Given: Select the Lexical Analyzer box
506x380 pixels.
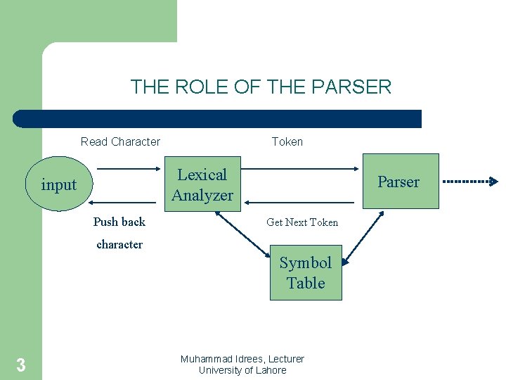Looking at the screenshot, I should point(202,185).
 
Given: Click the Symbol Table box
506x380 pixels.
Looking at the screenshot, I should point(306,272).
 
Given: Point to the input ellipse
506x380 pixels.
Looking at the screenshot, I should point(59,185).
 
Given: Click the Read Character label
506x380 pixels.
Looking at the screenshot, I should point(120,141).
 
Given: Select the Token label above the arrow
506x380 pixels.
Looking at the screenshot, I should point(287,141).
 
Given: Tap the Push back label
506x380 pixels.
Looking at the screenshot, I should point(119,222).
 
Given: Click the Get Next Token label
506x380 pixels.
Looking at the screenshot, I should point(302,222).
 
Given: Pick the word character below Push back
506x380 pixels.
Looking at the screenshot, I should point(119,245).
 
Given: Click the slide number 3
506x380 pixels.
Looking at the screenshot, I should point(21,365).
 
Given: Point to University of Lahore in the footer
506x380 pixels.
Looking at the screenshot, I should point(242,370).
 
